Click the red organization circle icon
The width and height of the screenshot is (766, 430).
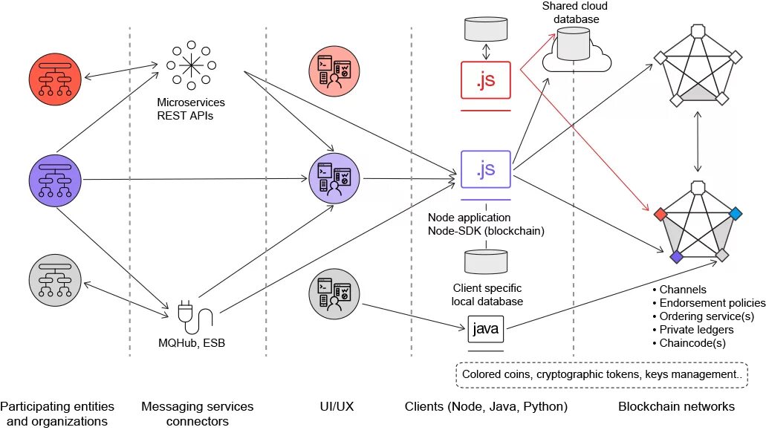(55, 79)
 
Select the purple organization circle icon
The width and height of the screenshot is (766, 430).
(55, 180)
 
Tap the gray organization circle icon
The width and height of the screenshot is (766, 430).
(55, 280)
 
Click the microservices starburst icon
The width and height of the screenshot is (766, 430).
(191, 65)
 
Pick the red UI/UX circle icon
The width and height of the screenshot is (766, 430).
(334, 71)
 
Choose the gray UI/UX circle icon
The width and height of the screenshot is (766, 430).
(334, 294)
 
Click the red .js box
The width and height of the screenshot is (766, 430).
(486, 80)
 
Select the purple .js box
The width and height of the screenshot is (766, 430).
(486, 169)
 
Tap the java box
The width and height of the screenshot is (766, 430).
(486, 329)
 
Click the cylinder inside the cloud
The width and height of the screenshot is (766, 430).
(574, 44)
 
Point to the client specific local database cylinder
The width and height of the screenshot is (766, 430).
(486, 261)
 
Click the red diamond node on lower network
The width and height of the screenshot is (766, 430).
(660, 214)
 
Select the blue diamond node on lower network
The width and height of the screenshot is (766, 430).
(736, 213)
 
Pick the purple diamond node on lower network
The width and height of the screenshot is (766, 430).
(677, 257)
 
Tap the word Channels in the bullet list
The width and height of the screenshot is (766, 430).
(683, 290)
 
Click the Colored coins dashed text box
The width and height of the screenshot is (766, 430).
(602, 375)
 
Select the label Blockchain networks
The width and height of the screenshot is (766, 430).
(676, 406)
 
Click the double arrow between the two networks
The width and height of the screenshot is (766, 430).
(698, 142)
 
